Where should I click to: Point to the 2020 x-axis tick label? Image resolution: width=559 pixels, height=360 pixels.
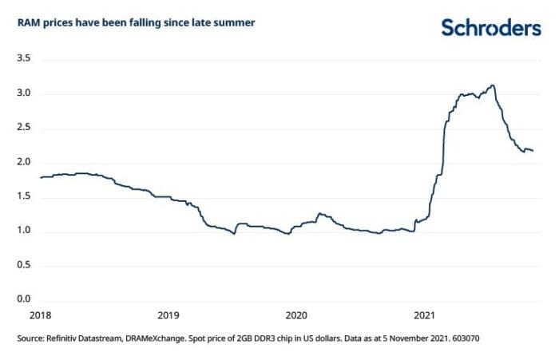click(296, 316)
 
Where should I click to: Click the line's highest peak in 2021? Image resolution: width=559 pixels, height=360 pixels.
click(494, 85)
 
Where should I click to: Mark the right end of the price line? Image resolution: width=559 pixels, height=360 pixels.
click(533, 151)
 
